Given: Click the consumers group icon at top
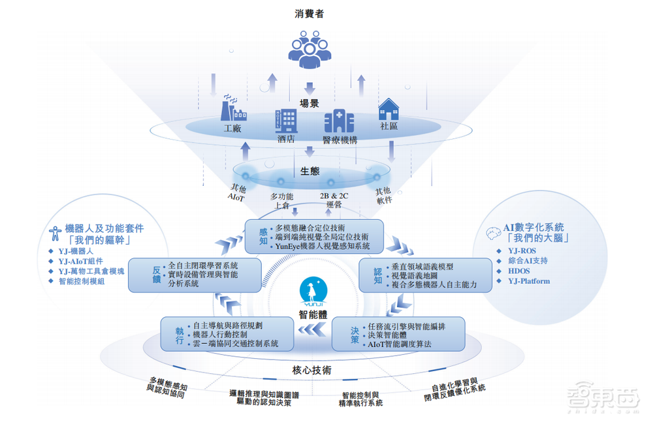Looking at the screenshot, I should pos(310,49).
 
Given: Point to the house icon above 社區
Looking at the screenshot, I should pos(389,110).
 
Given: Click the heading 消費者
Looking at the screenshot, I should pos(310,13).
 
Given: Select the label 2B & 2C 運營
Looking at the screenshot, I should pos(334,199).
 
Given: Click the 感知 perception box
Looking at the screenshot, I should pos(313,236).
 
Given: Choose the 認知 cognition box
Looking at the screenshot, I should pos(425,275).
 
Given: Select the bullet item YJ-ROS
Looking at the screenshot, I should pos(522,250).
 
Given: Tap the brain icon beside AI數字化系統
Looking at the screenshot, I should pos(494,229).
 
